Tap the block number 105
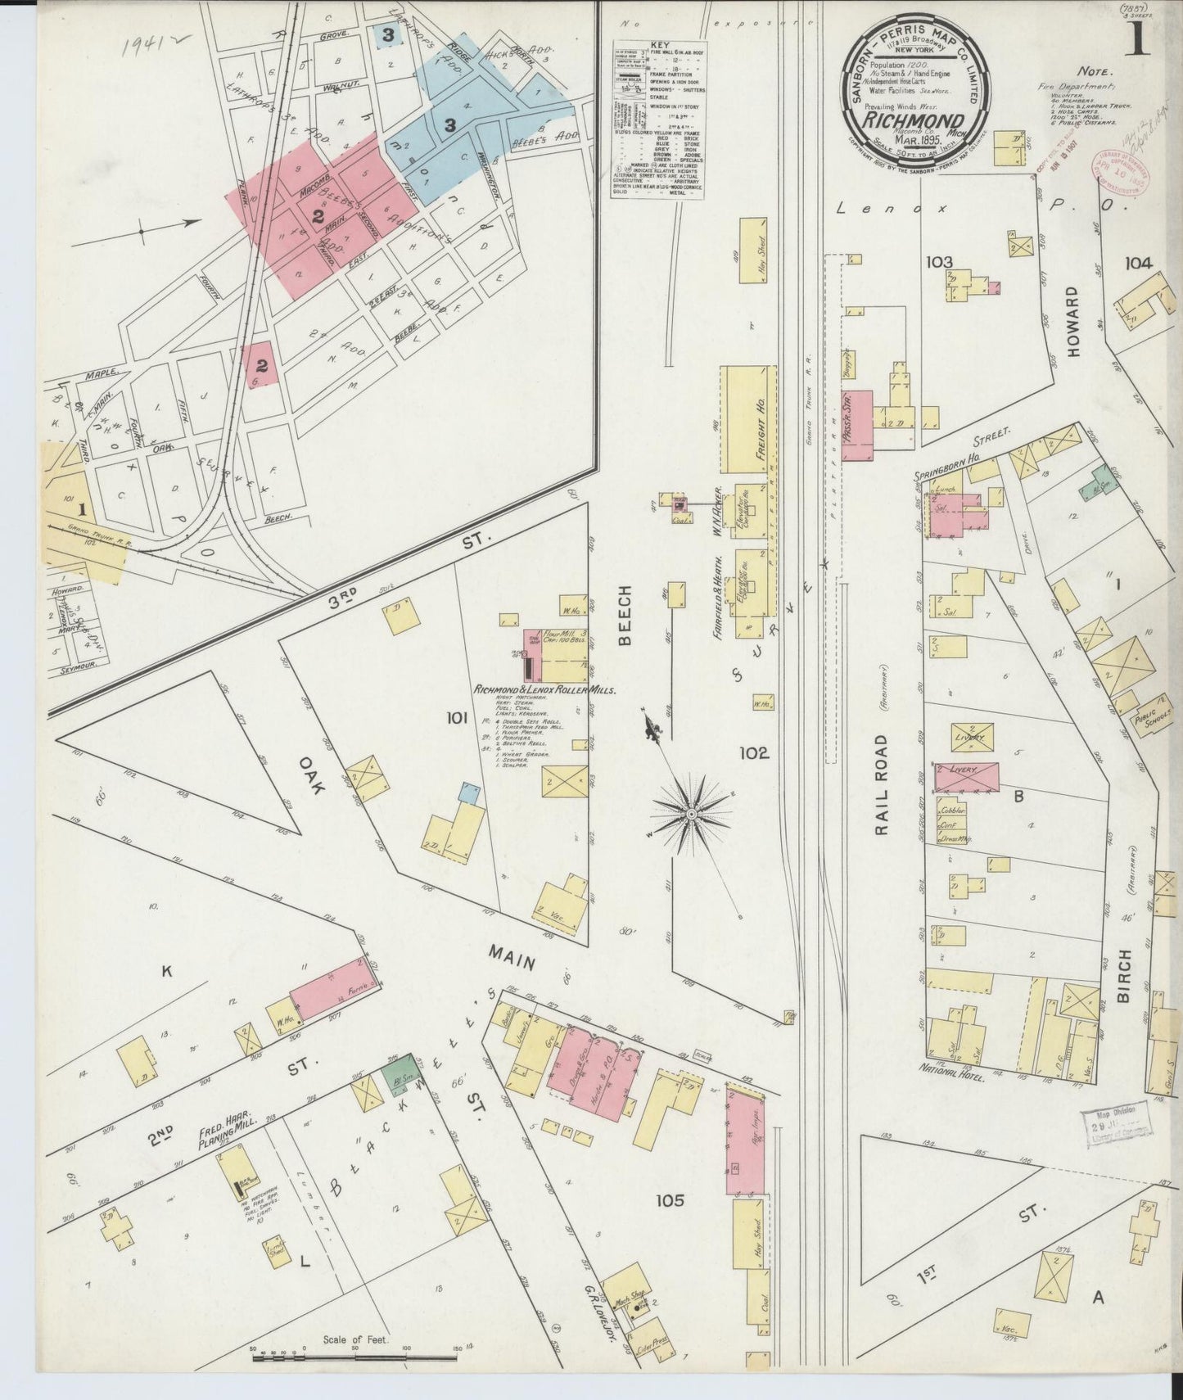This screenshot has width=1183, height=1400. [669, 1201]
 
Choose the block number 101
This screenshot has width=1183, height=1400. [456, 718]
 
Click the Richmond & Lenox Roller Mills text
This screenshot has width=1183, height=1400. [544, 690]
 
